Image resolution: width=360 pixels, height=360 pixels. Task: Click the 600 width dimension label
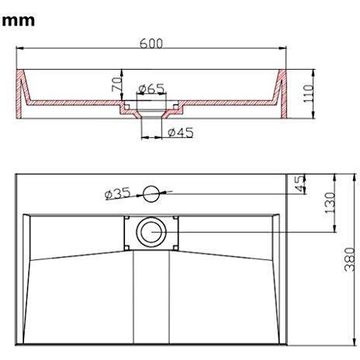[x=151, y=44]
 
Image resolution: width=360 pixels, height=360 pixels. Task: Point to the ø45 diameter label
[x=180, y=133]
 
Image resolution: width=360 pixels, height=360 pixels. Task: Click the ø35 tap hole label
[x=118, y=193]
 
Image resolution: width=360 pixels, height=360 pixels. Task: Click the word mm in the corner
[x=19, y=21]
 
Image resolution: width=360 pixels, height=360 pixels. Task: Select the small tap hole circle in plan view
[x=151, y=192]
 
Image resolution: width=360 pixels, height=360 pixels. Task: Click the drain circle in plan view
[x=150, y=230]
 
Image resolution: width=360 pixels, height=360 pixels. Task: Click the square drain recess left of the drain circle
[x=128, y=231]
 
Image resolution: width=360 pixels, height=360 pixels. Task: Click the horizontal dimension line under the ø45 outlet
[x=152, y=138]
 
